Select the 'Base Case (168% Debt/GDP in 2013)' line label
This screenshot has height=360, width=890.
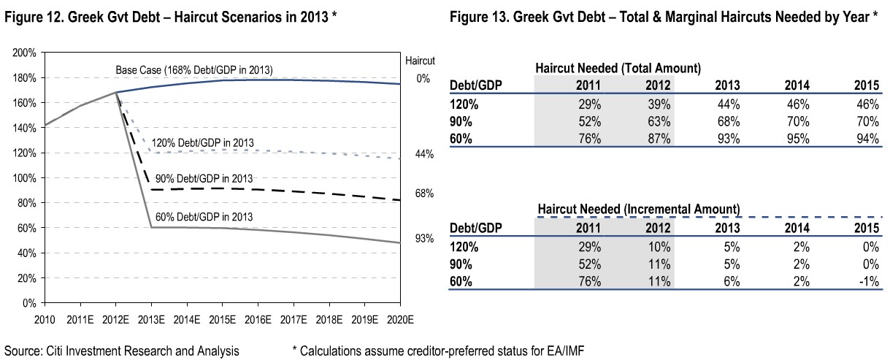click(x=194, y=71)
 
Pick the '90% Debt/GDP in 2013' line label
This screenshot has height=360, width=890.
click(x=204, y=179)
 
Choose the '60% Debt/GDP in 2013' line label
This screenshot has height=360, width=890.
click(x=204, y=217)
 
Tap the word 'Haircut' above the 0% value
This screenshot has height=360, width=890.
click(x=420, y=61)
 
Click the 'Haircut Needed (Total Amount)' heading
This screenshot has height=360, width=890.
click(x=618, y=68)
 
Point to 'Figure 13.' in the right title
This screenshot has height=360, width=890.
click(x=477, y=16)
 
